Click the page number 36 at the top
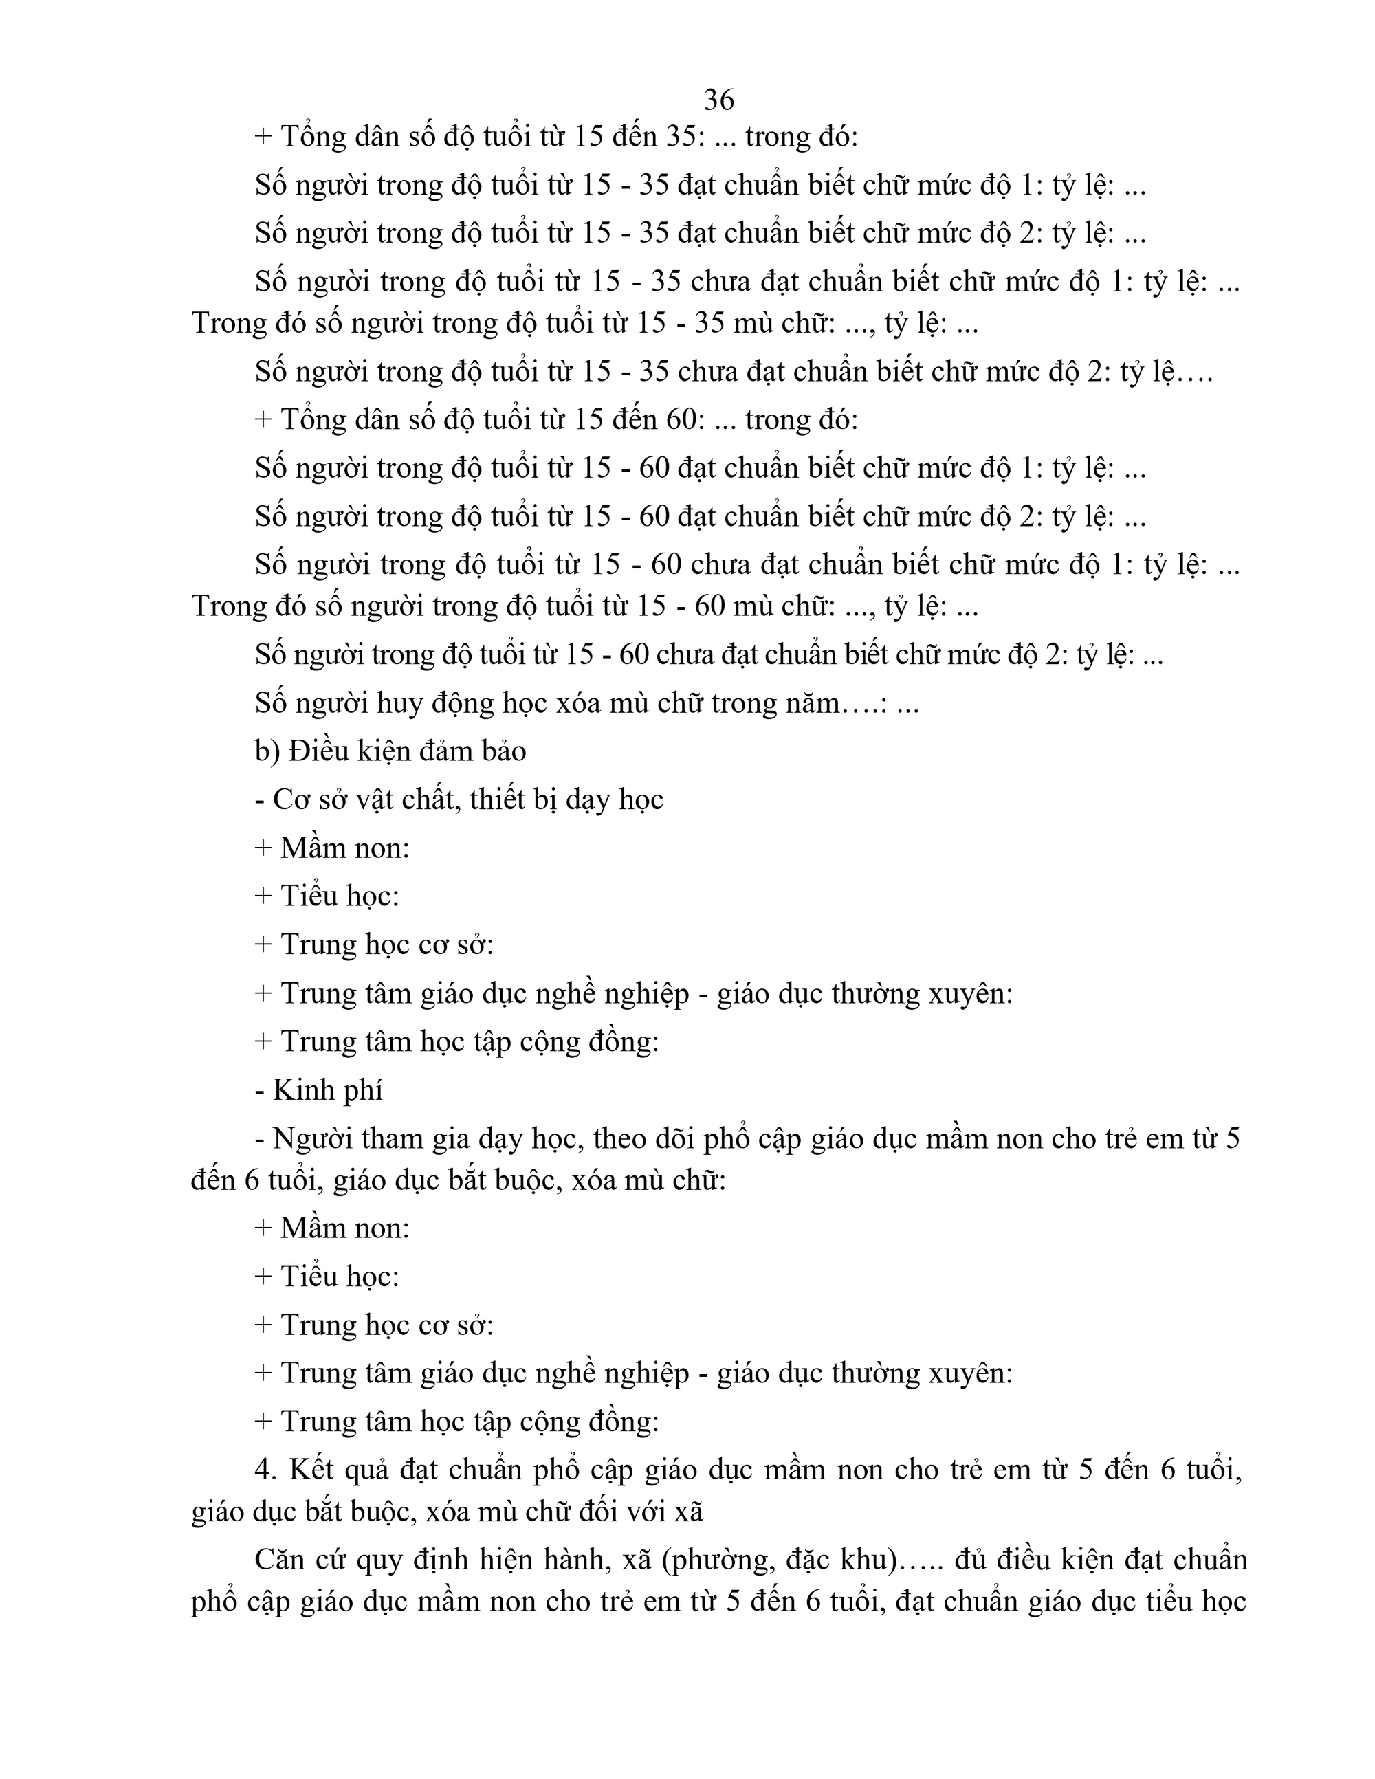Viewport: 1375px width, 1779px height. (x=718, y=100)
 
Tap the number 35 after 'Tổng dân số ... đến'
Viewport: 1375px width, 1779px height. (x=683, y=137)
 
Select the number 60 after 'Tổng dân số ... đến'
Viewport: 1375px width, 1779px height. (x=683, y=419)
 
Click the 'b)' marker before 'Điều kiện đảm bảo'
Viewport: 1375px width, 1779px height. (x=268, y=751)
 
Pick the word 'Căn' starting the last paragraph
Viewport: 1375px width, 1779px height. (x=282, y=1560)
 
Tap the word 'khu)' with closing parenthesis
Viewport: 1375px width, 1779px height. (x=865, y=1560)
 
